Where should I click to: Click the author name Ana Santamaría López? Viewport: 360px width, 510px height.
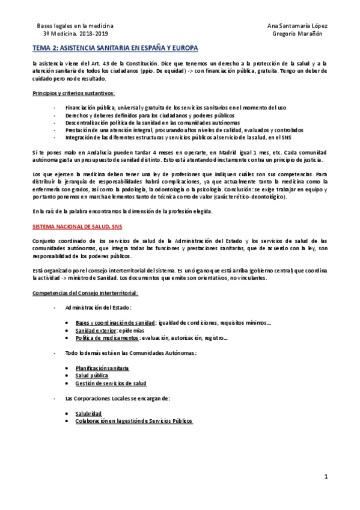pyautogui.click(x=297, y=26)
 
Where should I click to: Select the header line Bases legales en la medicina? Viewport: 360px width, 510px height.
pyautogui.click(x=75, y=26)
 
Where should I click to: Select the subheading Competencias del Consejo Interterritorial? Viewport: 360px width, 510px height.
pyautogui.click(x=85, y=292)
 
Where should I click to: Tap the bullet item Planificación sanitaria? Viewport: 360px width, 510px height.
pyautogui.click(x=102, y=367)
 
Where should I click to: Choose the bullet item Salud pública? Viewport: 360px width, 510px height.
pyautogui.click(x=92, y=375)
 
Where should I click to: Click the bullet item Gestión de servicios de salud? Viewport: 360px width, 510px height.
pyautogui.click(x=111, y=382)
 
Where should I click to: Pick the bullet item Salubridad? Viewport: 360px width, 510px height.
pyautogui.click(x=88, y=413)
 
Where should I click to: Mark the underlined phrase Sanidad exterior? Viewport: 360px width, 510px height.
pyautogui.click(x=97, y=330)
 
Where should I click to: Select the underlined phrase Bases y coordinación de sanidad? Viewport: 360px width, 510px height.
pyautogui.click(x=115, y=322)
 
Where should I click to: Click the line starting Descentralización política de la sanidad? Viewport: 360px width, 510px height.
pyautogui.click(x=141, y=122)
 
